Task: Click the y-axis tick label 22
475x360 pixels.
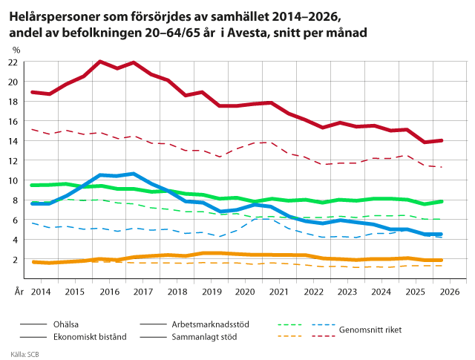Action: pos(13,62)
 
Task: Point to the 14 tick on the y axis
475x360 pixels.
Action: pos(13,141)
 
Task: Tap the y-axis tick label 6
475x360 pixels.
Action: pos(15,220)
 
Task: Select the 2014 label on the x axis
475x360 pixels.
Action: pos(41,292)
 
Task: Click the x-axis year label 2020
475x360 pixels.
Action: pos(245,292)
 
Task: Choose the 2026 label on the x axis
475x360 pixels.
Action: pos(450,292)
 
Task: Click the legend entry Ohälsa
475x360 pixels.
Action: pos(66,324)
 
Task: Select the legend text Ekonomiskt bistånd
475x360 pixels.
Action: pos(90,337)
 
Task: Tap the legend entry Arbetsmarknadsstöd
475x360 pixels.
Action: pos(210,324)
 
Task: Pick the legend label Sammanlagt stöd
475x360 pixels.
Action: pos(204,337)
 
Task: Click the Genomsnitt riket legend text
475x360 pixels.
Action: pos(370,330)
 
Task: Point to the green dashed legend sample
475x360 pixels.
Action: pos(290,324)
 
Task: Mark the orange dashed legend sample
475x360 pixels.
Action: pos(290,336)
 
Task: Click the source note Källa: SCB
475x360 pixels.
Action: pos(24,354)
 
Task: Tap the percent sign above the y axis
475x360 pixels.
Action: pos(16,50)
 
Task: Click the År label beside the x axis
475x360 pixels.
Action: pos(19,292)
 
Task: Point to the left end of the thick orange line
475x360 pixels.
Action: pos(33,262)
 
